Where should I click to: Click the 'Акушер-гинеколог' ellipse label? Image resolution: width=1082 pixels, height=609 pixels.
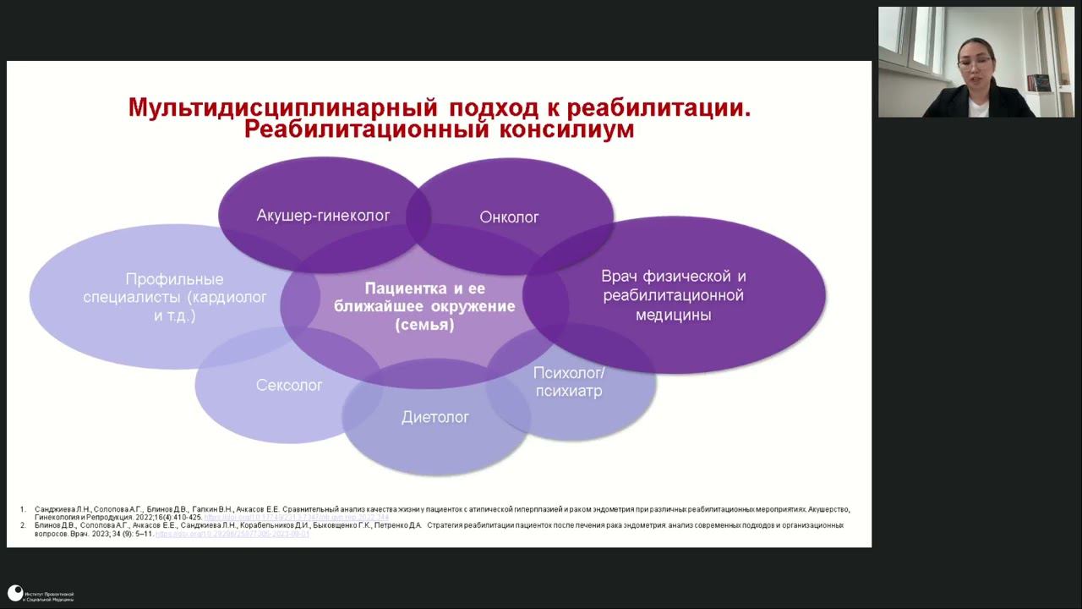[x=323, y=216]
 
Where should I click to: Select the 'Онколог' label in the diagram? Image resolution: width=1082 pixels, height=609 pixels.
[x=509, y=217]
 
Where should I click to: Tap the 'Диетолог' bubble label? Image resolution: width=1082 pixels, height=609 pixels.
[x=435, y=417]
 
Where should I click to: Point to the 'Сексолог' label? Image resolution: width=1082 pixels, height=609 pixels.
[x=289, y=386]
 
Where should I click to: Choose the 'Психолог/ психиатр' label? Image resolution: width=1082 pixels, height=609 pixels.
[x=569, y=381]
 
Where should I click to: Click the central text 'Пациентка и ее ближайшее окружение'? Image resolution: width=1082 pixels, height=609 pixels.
[x=424, y=298]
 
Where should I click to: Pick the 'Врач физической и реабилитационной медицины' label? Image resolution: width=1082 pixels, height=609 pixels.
[x=673, y=295]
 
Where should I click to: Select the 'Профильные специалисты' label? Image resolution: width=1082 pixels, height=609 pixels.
[x=174, y=297]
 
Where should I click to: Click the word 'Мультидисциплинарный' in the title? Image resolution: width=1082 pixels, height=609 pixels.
[x=282, y=108]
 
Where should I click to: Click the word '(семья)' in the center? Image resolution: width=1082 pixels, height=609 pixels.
[x=424, y=324]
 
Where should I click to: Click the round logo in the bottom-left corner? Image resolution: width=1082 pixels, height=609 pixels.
[x=14, y=594]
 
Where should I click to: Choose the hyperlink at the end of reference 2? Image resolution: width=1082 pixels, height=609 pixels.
[x=232, y=534]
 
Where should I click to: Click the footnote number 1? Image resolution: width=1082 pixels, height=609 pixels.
[x=23, y=509]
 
